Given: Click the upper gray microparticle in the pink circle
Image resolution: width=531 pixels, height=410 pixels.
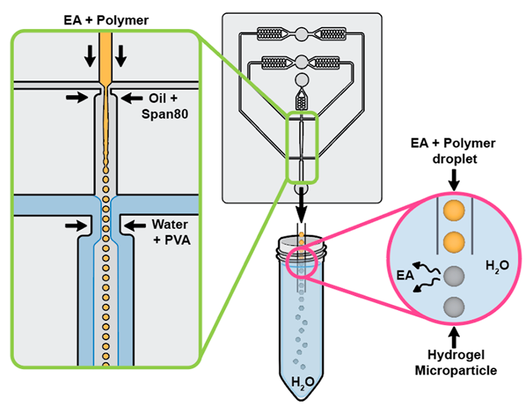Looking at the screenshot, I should click(454, 276).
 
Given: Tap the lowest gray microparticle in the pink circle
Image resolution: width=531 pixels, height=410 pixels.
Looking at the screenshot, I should click(454, 306).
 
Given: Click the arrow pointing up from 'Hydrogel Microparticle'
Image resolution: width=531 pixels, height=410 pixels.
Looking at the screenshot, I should click(454, 336).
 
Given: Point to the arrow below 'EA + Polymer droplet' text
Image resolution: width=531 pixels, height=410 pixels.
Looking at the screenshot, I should click(454, 179).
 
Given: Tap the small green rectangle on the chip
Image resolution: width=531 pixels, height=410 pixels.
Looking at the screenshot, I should click(302, 147).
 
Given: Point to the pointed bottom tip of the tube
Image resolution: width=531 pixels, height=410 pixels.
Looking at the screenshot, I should click(302, 401).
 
